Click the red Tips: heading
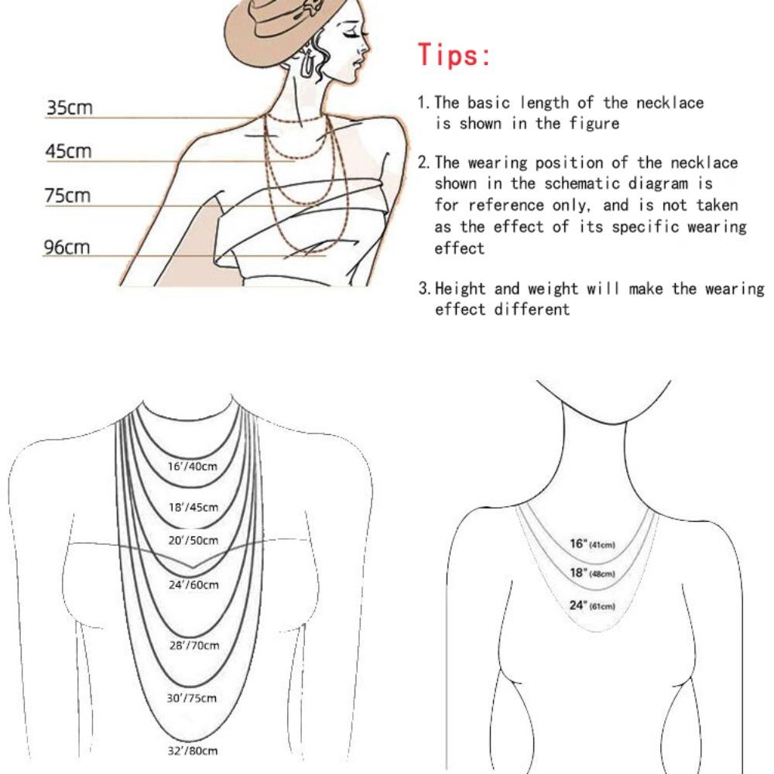click(454, 55)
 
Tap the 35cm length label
click(69, 107)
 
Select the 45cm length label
click(68, 150)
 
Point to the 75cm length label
click(67, 196)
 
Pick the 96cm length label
click(67, 248)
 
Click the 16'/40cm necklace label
click(193, 467)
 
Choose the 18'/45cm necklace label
click(193, 508)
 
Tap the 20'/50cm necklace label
click(193, 540)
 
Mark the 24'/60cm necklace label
click(193, 584)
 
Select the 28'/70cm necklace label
click(193, 646)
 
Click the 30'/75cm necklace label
click(192, 698)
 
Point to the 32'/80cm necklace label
click(192, 751)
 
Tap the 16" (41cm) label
click(592, 544)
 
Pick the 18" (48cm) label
click(592, 574)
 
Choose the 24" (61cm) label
click(592, 605)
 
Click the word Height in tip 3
click(462, 289)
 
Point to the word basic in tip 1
click(488, 102)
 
